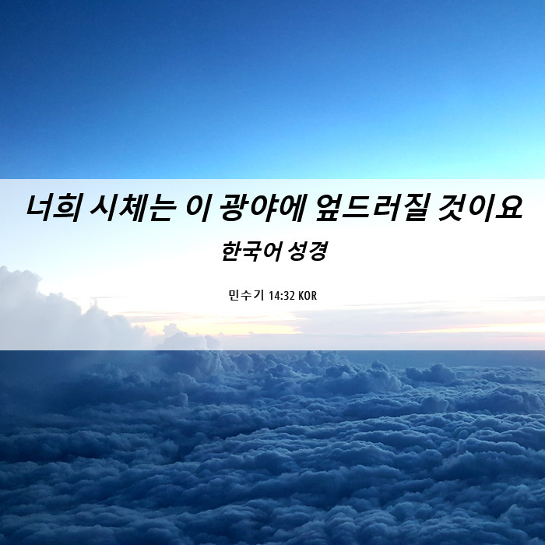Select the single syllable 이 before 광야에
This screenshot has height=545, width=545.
point(197,208)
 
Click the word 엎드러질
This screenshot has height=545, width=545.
point(371,208)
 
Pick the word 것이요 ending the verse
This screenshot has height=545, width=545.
point(480,208)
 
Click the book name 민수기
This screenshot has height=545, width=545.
point(246,295)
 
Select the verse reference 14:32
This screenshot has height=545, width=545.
point(282,296)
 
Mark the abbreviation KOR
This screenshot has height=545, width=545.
point(308,296)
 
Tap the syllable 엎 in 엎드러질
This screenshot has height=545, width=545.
point(329,208)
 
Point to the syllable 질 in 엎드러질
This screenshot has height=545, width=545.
point(413,208)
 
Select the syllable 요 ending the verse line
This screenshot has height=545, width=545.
point(509,208)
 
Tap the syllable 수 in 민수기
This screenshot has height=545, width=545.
point(246,295)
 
